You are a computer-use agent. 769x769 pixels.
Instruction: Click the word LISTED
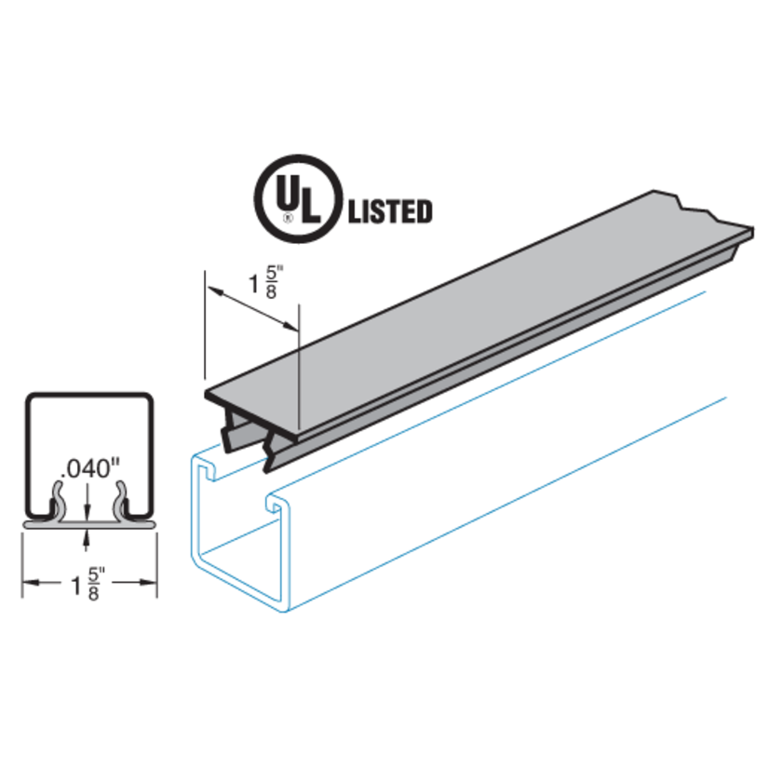(389, 211)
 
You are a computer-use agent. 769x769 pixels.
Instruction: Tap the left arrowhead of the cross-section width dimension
(28, 582)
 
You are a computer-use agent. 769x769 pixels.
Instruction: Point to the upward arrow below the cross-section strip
(87, 533)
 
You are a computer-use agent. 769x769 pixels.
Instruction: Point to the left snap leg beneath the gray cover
(230, 427)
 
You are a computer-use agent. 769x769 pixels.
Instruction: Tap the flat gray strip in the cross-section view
(88, 523)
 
